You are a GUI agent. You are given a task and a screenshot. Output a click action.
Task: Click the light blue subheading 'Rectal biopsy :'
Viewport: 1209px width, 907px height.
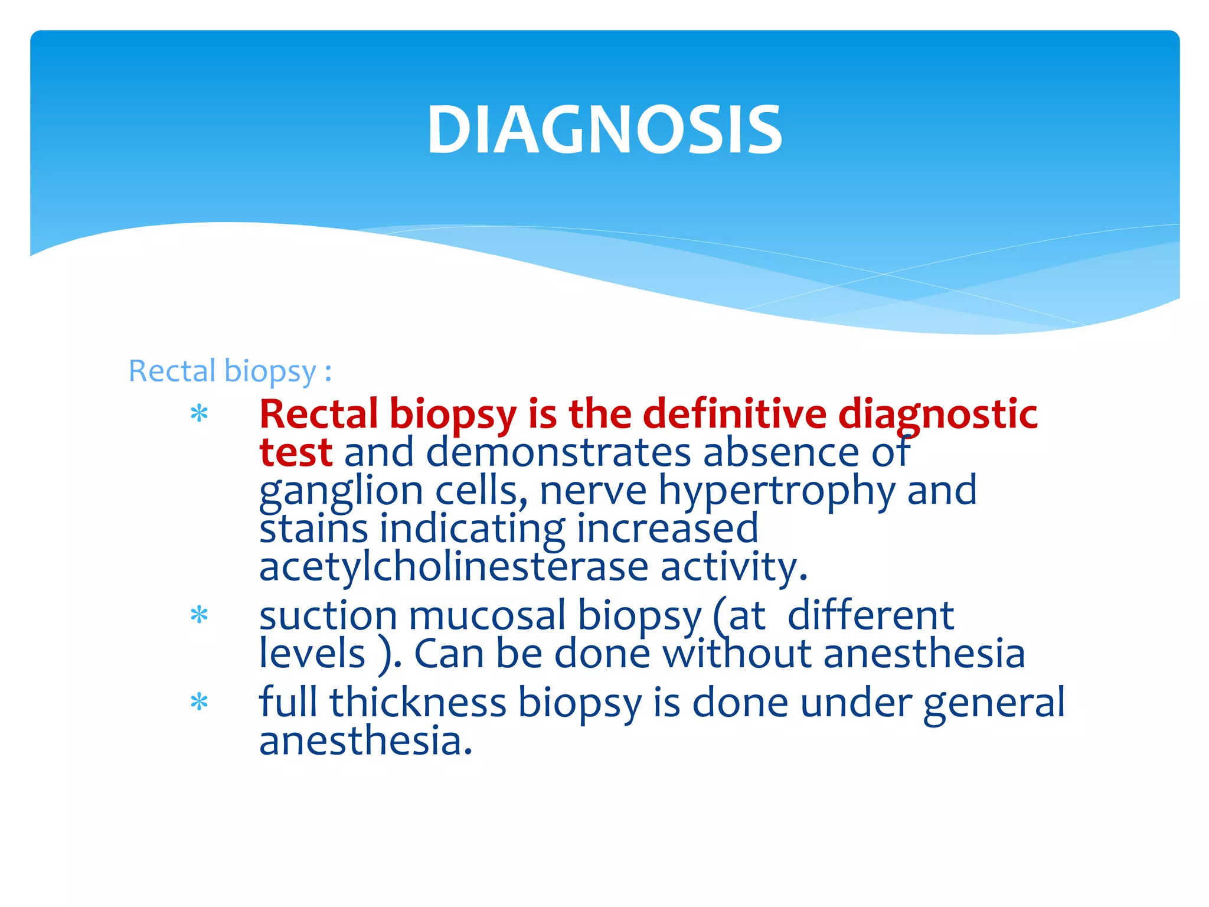(230, 371)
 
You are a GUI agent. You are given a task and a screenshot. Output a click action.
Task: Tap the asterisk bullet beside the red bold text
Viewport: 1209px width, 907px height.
(200, 414)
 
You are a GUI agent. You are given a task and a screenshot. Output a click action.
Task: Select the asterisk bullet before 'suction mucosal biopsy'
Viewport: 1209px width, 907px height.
(200, 615)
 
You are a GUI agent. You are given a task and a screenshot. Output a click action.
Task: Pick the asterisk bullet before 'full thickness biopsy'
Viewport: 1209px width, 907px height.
(200, 702)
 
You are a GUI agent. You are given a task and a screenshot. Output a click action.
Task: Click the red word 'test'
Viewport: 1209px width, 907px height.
(296, 452)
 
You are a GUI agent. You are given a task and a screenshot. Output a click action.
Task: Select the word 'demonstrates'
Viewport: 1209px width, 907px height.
(558, 452)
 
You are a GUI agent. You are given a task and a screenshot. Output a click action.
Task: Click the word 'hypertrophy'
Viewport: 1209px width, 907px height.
(776, 491)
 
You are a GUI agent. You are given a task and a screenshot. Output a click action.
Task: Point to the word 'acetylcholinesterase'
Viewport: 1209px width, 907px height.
(454, 567)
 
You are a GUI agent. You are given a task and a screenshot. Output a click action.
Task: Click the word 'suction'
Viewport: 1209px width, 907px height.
(328, 615)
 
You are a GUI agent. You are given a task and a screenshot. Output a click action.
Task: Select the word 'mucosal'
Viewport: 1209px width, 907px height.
(487, 615)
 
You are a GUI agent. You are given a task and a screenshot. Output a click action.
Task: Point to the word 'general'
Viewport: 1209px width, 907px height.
(994, 703)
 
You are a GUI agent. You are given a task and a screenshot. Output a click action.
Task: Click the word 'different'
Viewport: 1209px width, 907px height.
(870, 615)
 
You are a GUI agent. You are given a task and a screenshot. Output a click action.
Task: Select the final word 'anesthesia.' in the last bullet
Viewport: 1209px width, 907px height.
(366, 740)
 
